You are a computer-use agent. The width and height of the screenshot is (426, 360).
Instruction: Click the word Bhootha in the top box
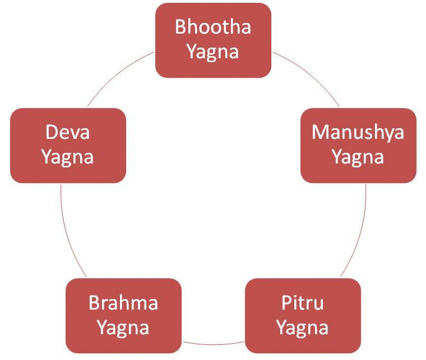213,27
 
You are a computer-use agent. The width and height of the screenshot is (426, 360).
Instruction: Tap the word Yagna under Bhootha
213,52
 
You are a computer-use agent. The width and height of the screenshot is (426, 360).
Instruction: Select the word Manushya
358,132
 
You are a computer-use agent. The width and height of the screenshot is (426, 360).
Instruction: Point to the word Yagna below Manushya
358,157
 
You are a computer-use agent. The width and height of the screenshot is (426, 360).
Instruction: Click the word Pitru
303,303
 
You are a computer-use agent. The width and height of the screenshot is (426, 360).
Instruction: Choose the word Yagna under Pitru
303,327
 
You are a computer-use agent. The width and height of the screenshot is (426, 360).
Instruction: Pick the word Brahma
123,303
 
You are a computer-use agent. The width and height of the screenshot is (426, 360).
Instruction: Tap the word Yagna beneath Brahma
123,327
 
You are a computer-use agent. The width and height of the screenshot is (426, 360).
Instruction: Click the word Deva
67,132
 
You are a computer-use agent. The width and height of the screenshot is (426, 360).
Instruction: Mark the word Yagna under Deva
67,157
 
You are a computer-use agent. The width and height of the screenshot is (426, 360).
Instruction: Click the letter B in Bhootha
180,27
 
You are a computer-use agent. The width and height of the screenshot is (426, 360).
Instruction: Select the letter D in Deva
51,132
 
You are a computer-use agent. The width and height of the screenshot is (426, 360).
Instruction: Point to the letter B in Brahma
94,303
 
